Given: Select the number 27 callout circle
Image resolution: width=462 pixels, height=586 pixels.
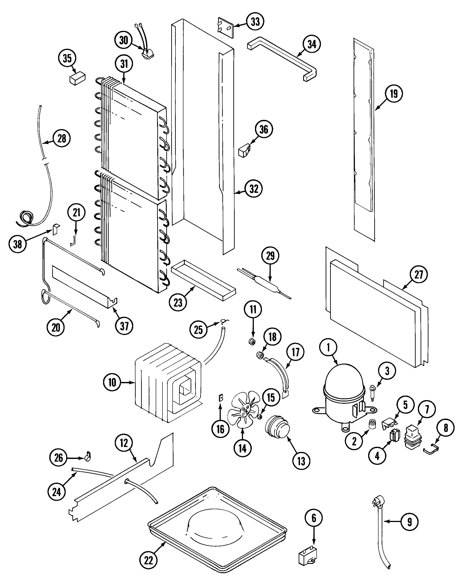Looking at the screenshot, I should [418, 275].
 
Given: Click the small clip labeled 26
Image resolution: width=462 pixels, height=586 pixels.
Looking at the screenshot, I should [88, 457].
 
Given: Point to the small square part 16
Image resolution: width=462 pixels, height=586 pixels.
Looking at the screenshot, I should [221, 398].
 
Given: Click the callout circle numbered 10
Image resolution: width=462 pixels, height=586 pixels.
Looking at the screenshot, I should [112, 382].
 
